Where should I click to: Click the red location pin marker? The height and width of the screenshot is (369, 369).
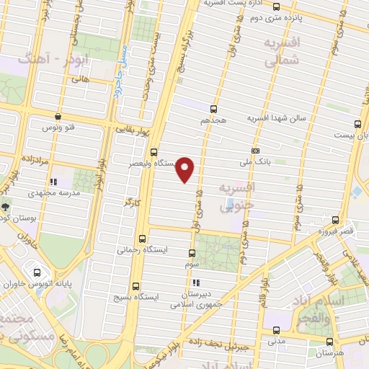(185, 169)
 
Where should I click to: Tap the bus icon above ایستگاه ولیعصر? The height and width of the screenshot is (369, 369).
(154, 152)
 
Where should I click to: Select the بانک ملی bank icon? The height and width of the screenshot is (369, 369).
(255, 151)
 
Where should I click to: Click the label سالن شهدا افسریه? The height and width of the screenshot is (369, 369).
(277, 117)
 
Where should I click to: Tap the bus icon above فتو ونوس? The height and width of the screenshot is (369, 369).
(58, 116)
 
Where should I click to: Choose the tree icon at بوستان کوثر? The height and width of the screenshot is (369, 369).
(6, 208)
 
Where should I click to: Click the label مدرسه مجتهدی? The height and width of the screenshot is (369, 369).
(51, 194)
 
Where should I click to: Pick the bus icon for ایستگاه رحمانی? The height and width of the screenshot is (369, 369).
(142, 239)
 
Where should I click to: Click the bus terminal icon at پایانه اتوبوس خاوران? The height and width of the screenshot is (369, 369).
(36, 272)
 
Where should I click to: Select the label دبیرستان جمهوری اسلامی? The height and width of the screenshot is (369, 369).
(195, 299)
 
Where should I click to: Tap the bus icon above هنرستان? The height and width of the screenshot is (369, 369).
(329, 342)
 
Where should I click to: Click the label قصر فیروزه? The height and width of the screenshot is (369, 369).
(337, 232)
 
